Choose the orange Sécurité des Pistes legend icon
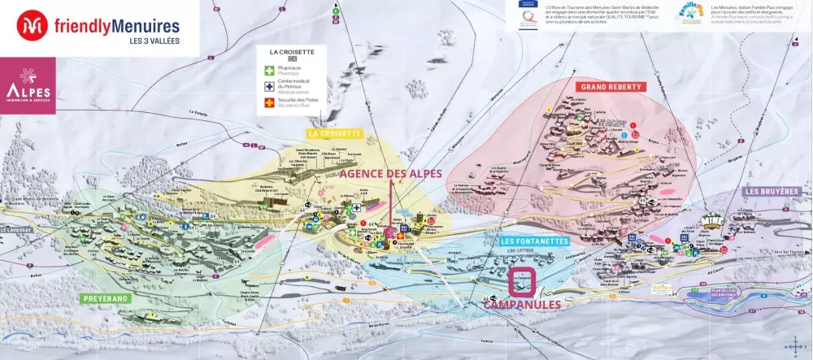point(269,103)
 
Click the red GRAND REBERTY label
point(610,86)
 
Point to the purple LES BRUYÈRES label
point(772,191)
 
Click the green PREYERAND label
point(107,298)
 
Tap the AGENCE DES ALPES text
point(391,173)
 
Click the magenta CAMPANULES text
point(522,305)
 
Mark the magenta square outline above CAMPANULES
point(522,281)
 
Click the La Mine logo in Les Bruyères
point(712,221)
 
